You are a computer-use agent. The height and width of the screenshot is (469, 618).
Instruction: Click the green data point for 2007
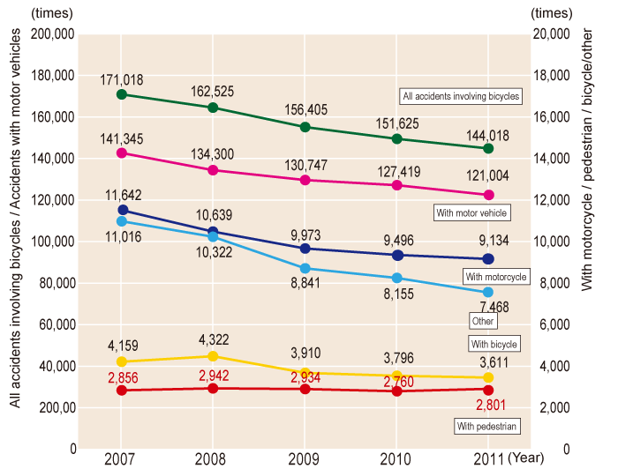coord(122,94)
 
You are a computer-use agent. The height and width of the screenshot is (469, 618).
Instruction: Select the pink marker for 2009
coord(305,180)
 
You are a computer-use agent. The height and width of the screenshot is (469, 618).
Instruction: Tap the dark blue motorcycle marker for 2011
coord(488,259)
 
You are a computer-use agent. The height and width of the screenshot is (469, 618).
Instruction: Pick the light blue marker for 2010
coord(396,278)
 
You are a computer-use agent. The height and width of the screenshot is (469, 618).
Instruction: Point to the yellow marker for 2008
coord(214,356)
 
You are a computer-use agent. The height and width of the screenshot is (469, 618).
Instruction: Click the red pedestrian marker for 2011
coord(488,389)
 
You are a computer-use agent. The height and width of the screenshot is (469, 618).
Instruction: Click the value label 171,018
coord(123,79)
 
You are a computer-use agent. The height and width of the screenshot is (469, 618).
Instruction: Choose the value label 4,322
coord(214,338)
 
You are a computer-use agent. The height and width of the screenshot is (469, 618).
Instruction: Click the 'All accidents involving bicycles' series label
coord(460,96)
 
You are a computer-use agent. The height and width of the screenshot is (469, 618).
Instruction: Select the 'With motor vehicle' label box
coord(473,212)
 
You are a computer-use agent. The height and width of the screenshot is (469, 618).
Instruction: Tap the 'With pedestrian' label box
coord(486,427)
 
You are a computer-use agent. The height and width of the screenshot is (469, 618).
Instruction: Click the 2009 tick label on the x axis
coord(305,458)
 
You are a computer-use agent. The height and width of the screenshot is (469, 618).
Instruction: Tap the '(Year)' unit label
coord(527,458)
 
